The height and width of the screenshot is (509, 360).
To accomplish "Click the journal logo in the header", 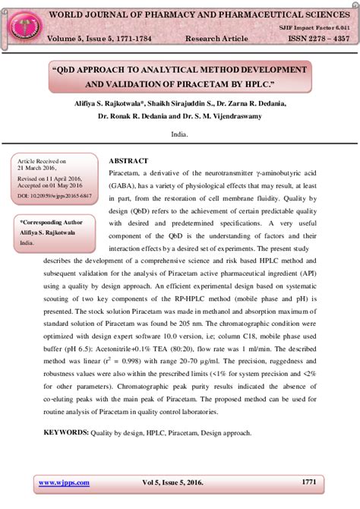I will (21, 24).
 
